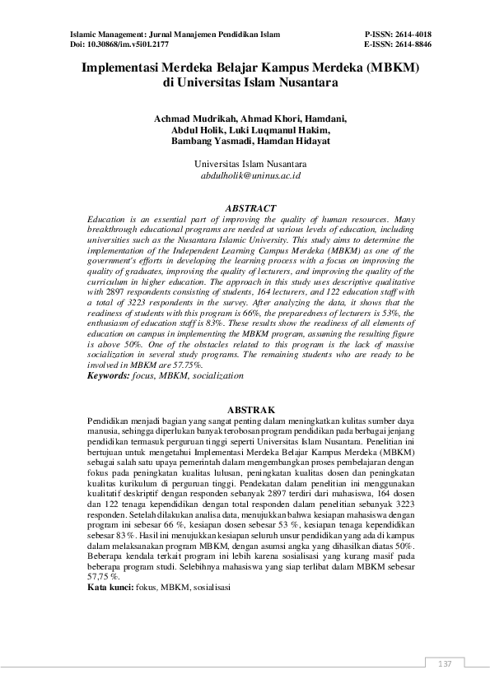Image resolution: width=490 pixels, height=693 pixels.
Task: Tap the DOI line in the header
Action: click(x=115, y=44)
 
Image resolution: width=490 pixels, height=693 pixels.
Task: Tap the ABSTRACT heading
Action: click(x=250, y=209)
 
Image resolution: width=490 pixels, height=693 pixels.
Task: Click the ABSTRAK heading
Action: click(x=250, y=408)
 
